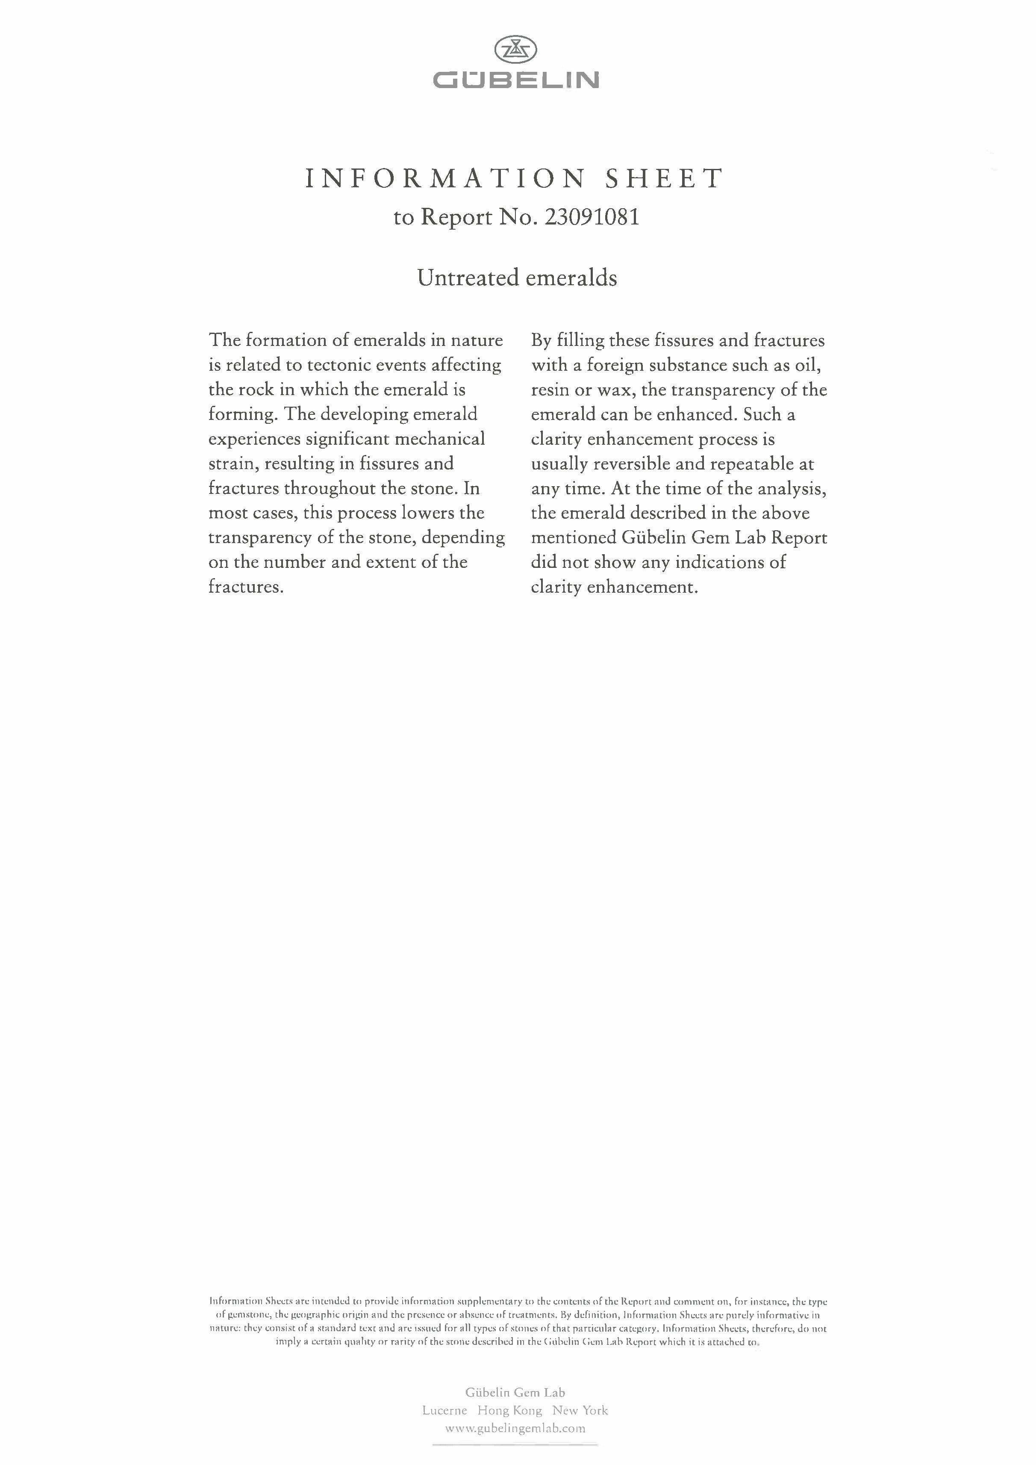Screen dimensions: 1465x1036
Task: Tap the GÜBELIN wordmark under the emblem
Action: pos(516,80)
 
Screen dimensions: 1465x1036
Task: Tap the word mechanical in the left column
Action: pos(440,439)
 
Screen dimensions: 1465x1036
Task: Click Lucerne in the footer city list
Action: pos(444,1410)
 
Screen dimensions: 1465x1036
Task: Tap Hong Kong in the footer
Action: pos(510,1410)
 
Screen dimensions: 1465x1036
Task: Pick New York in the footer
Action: pos(580,1410)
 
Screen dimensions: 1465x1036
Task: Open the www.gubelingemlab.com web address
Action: pos(515,1428)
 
